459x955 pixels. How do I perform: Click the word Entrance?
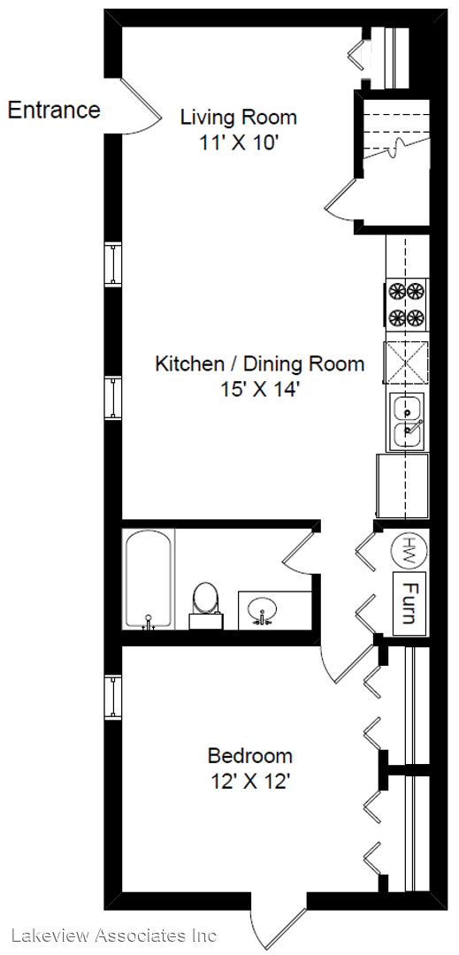pyautogui.click(x=54, y=111)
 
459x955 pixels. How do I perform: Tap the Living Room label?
pyautogui.click(x=239, y=117)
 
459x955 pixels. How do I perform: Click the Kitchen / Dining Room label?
pyautogui.click(x=260, y=364)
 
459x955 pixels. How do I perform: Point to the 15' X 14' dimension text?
pyautogui.click(x=261, y=389)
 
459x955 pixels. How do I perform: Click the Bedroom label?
pyautogui.click(x=249, y=756)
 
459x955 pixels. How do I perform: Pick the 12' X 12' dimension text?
pyautogui.click(x=249, y=782)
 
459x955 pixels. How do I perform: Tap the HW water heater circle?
pyautogui.click(x=409, y=549)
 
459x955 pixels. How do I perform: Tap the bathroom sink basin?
pyautogui.click(x=263, y=608)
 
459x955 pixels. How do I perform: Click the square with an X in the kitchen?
pyautogui.click(x=406, y=363)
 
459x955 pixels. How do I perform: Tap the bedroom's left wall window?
pyautogui.click(x=113, y=697)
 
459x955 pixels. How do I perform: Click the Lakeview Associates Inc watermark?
pyautogui.click(x=113, y=935)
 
